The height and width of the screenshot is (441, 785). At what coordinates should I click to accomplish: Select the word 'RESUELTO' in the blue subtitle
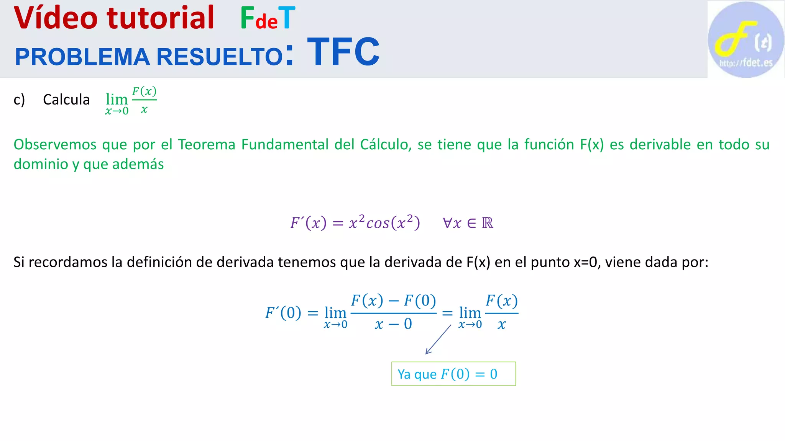coord(220,57)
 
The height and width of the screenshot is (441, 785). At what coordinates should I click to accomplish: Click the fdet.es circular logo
coord(746,40)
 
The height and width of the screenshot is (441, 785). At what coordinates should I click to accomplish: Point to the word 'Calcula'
coord(66,100)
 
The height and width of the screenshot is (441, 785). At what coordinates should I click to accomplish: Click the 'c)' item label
coord(19,100)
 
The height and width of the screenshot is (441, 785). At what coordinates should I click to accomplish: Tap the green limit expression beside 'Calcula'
coord(131,101)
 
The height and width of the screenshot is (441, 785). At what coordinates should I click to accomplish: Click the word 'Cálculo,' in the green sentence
coord(386,145)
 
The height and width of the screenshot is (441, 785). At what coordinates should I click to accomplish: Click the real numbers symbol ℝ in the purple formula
coord(487,223)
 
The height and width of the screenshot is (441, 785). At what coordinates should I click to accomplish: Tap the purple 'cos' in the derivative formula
coord(378,223)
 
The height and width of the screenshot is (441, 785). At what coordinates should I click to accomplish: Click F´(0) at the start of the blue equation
coord(283,313)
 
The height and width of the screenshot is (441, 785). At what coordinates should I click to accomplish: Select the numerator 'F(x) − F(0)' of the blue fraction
coord(393,301)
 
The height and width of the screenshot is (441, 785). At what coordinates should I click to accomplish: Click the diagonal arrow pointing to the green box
coord(438,340)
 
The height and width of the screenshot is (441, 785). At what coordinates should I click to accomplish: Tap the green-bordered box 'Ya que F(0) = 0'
coord(453,374)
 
